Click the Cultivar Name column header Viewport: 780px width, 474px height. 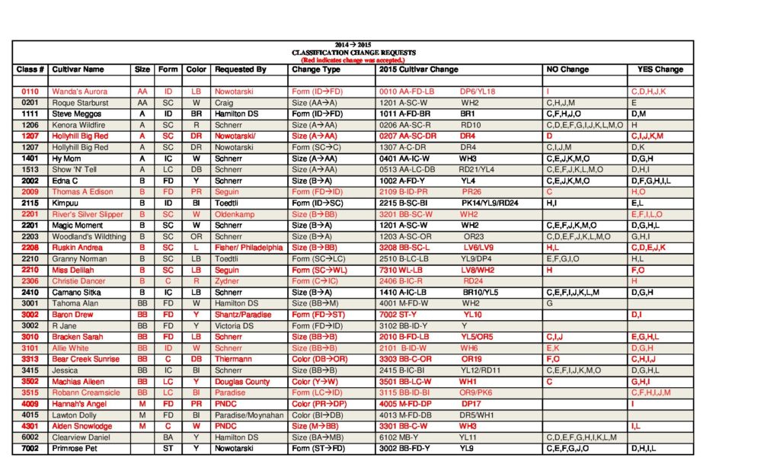(78, 69)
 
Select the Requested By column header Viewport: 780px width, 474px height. (240, 69)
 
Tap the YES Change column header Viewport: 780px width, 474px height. (660, 69)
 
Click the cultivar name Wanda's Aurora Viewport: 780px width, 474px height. (79, 91)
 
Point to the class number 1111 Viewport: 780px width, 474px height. (30, 114)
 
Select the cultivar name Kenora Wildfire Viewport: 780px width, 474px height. (78, 125)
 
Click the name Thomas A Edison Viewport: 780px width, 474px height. (82, 192)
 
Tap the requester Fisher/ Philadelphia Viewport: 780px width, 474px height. (248, 248)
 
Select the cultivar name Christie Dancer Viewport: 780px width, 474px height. (79, 281)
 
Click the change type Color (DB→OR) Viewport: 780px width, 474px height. (320, 359)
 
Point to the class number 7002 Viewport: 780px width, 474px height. (30, 449)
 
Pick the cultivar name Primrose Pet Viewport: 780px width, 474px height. (75, 449)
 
